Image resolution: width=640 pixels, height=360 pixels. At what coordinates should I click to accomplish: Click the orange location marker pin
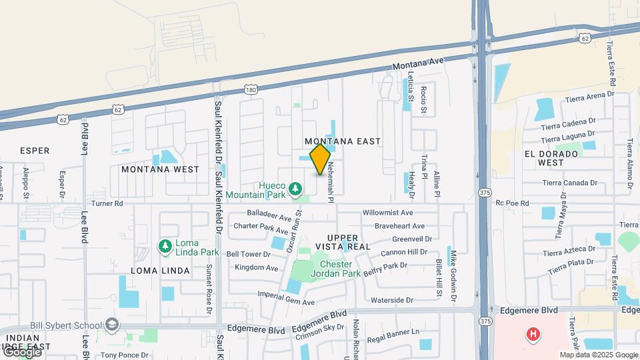(x=321, y=159)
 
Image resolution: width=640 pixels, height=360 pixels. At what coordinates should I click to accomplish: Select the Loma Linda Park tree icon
(x=164, y=247)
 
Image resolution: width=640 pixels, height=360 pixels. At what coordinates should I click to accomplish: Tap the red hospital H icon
(x=533, y=334)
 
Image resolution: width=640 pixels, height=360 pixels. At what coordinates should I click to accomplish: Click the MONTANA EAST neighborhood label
(x=343, y=141)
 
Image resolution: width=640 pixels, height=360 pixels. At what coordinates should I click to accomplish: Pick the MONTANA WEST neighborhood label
(x=160, y=169)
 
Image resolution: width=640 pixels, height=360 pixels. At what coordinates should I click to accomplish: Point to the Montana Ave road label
(x=417, y=65)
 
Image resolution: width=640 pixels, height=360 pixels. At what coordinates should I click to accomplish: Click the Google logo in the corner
(x=22, y=351)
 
